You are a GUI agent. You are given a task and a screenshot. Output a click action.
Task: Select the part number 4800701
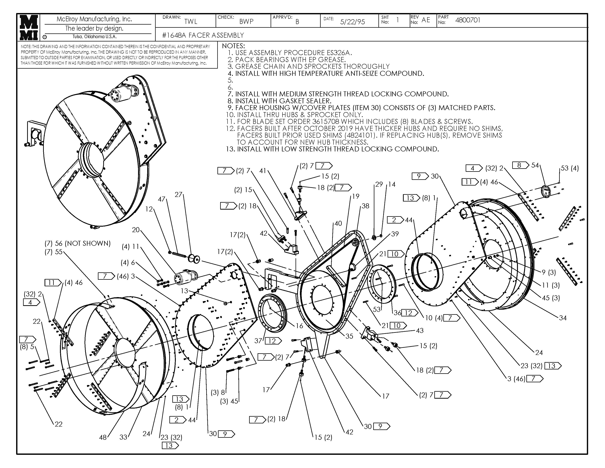point(468,20)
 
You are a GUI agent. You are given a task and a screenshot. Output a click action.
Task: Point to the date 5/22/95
point(352,22)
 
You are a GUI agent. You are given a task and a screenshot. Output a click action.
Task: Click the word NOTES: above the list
point(233,46)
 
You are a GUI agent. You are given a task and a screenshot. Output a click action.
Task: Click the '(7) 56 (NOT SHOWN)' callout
point(78,243)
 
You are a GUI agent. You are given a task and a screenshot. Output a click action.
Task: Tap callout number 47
point(162,199)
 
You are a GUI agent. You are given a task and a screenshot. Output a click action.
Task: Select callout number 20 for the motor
point(136,230)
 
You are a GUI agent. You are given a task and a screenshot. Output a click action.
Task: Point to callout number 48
point(103,437)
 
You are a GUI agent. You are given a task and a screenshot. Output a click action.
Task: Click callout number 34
point(563,318)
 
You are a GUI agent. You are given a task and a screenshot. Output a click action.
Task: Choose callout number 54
point(535,165)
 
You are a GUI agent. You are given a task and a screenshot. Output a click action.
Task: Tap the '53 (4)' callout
point(570,168)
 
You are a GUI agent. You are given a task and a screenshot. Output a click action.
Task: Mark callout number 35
point(349,336)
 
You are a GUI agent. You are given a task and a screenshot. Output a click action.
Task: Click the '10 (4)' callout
point(434,318)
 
